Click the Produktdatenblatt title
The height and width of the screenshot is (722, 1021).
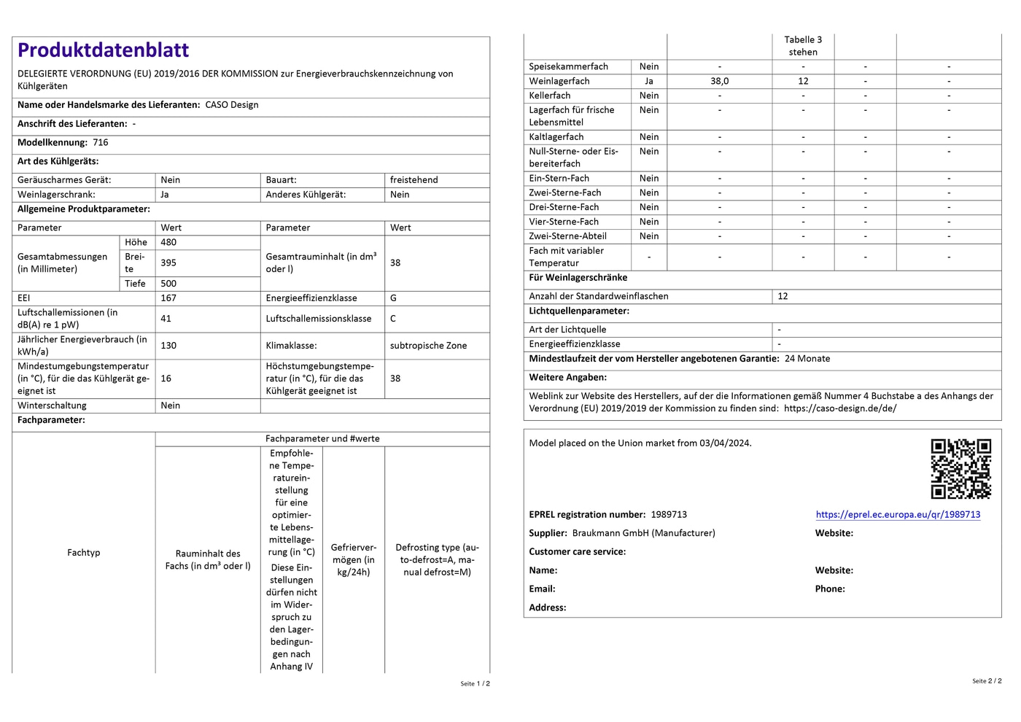coord(103,50)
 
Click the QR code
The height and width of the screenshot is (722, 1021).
coord(960,468)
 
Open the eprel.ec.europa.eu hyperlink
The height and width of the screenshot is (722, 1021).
coord(898,514)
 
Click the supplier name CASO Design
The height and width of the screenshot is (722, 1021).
coord(232,105)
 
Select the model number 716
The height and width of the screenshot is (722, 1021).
coord(101,143)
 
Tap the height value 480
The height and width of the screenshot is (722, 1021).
coord(168,243)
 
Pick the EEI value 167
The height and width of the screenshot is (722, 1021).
coord(168,298)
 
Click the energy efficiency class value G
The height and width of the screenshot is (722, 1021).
coord(394,298)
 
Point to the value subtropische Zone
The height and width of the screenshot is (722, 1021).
coord(428,346)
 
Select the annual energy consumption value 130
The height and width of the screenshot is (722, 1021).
coord(168,346)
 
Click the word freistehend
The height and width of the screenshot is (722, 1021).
coord(414,180)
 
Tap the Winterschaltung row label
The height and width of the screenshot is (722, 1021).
coord(52,405)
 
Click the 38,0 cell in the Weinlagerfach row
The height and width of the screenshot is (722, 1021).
coord(719,82)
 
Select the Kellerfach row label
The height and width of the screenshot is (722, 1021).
coord(550,96)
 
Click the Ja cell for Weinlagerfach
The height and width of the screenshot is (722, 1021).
coord(649,82)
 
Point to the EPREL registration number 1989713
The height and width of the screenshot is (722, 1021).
coord(669,515)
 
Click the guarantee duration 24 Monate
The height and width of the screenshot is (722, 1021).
coord(807,359)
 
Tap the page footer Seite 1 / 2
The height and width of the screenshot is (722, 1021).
coord(475,684)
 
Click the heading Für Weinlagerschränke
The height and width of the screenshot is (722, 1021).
coord(578,278)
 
